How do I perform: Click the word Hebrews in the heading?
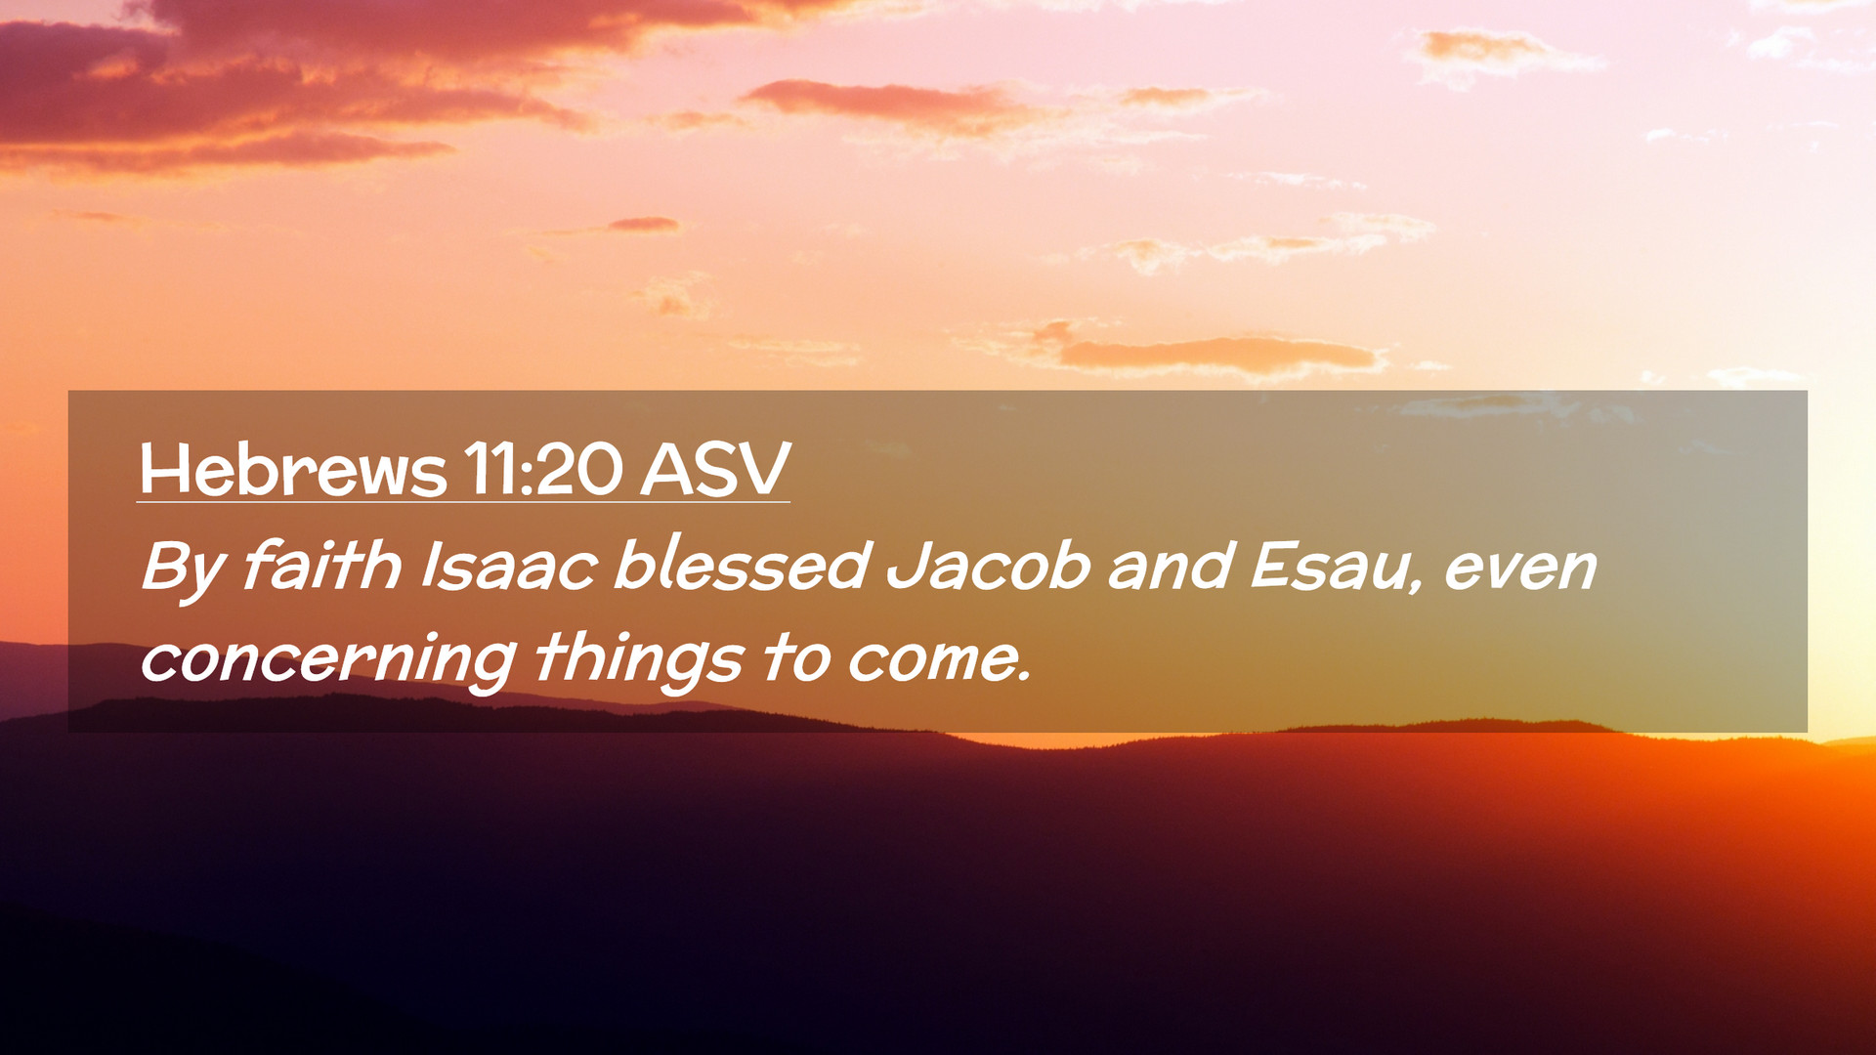click(x=293, y=470)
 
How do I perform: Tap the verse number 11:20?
click(x=543, y=470)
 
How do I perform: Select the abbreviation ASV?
click(x=715, y=470)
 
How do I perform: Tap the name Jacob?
click(x=988, y=566)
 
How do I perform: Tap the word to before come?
click(x=796, y=657)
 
